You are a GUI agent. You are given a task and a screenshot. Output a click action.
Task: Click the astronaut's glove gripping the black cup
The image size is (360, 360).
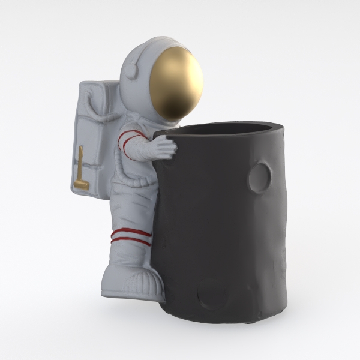163,146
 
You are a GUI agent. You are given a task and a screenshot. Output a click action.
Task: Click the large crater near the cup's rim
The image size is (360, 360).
260,175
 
